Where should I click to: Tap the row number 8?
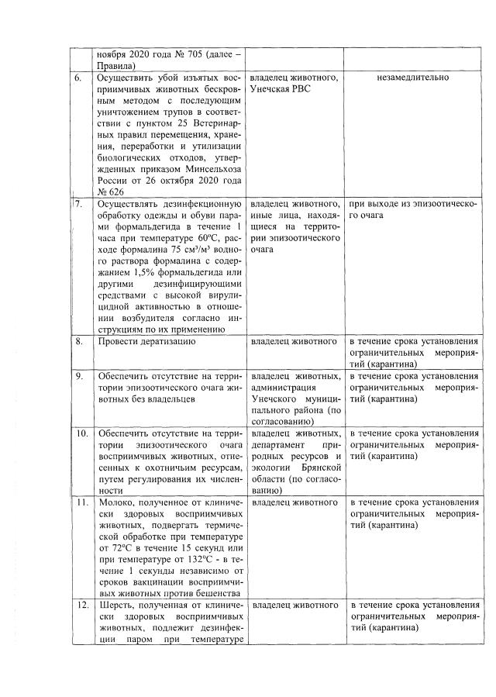click(x=78, y=341)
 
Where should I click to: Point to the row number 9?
click(x=78, y=376)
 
